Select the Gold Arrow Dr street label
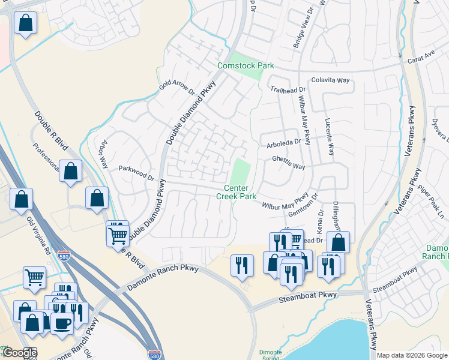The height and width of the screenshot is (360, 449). coord(177,87)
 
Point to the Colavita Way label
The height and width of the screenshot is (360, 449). coord(330,80)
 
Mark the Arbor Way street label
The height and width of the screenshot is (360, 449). coord(103,155)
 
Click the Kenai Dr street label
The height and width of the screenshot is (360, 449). coord(320,221)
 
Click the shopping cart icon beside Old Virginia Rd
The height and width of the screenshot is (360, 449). coord(35,277)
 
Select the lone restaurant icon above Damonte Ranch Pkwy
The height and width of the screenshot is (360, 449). coord(242,264)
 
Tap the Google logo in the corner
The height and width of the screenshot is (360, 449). coord(19,353)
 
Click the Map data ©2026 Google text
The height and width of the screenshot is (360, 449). coord(412,355)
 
